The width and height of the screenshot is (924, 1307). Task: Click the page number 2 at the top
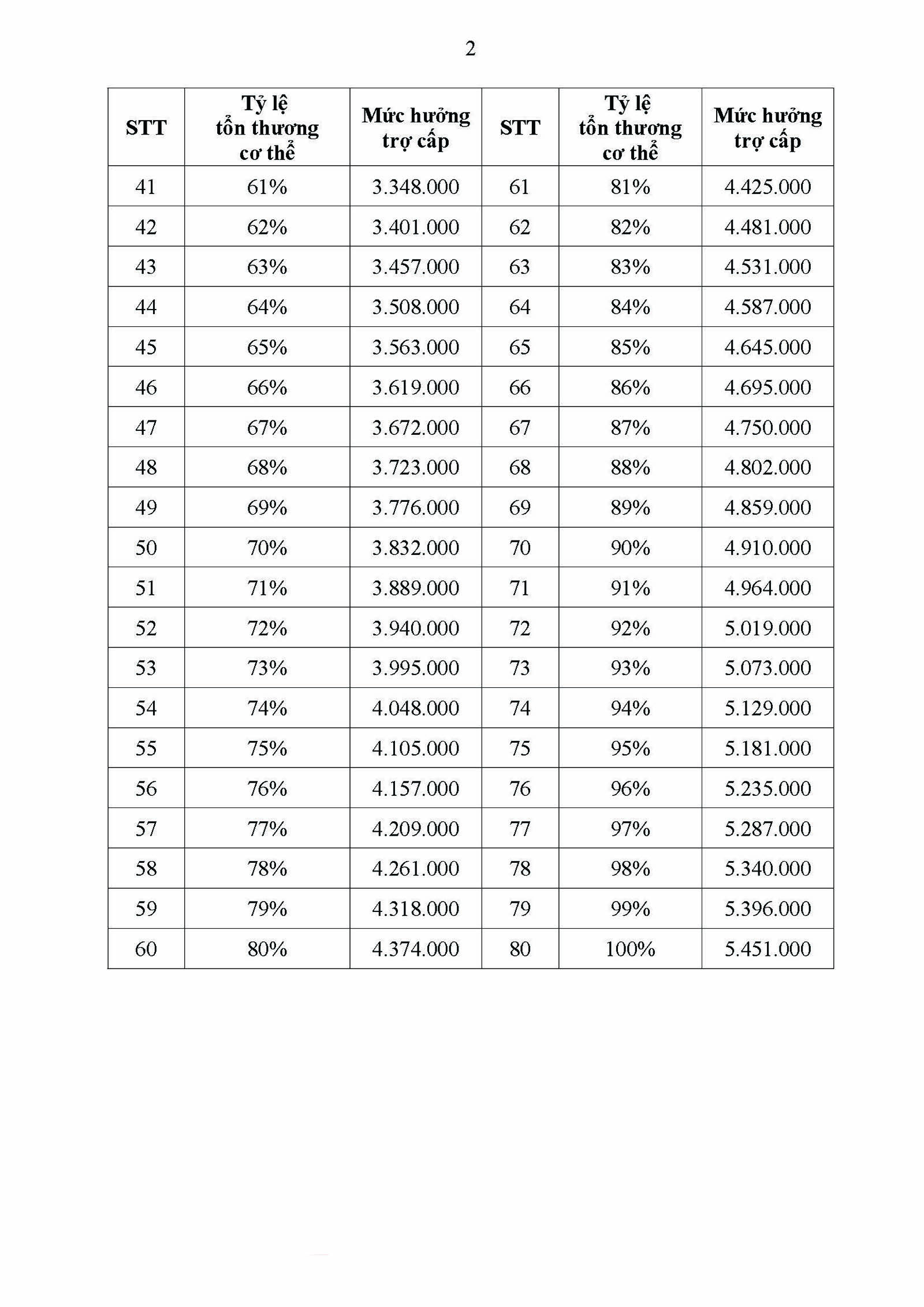pos(470,49)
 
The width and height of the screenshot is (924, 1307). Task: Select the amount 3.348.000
pos(415,187)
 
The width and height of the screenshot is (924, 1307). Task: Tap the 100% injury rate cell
pos(629,948)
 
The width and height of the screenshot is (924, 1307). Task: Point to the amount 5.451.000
pos(767,948)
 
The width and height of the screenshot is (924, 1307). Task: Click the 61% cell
pos(267,187)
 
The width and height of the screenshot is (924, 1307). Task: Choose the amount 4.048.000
pos(415,708)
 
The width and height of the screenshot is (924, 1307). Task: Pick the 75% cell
pos(267,748)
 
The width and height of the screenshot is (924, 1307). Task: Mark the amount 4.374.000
pos(415,948)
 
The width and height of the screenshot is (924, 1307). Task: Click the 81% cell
pos(629,187)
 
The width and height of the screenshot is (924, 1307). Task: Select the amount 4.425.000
pos(767,187)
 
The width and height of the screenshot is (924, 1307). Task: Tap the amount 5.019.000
pos(767,628)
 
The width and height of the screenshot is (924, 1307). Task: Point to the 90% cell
pos(629,548)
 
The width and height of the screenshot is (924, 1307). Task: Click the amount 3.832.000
pos(415,548)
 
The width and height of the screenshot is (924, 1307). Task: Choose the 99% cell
pos(629,908)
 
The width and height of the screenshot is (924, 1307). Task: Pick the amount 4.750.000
pos(767,427)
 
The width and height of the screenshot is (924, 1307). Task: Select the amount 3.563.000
pos(415,347)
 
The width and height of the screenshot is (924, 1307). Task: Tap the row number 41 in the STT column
pos(146,187)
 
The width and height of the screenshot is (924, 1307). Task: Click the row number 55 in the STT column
pos(146,748)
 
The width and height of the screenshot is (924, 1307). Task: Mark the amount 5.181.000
pos(767,748)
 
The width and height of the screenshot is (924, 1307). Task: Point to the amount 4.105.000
pos(415,748)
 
